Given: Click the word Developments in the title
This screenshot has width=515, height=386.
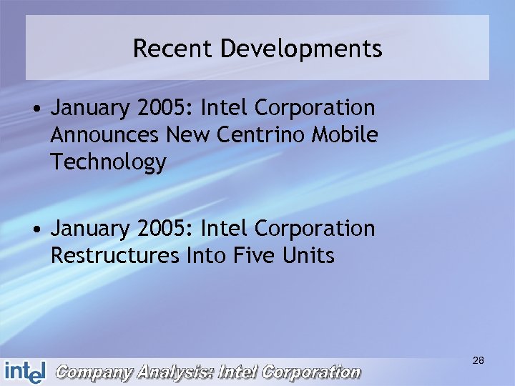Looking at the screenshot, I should tap(301, 50).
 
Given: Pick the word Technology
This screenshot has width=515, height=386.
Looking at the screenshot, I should tap(108, 163).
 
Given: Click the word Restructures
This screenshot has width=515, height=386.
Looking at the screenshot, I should tap(114, 256).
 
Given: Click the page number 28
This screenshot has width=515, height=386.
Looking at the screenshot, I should tap(479, 361).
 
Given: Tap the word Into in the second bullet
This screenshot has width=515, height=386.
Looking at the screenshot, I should tap(206, 256).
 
